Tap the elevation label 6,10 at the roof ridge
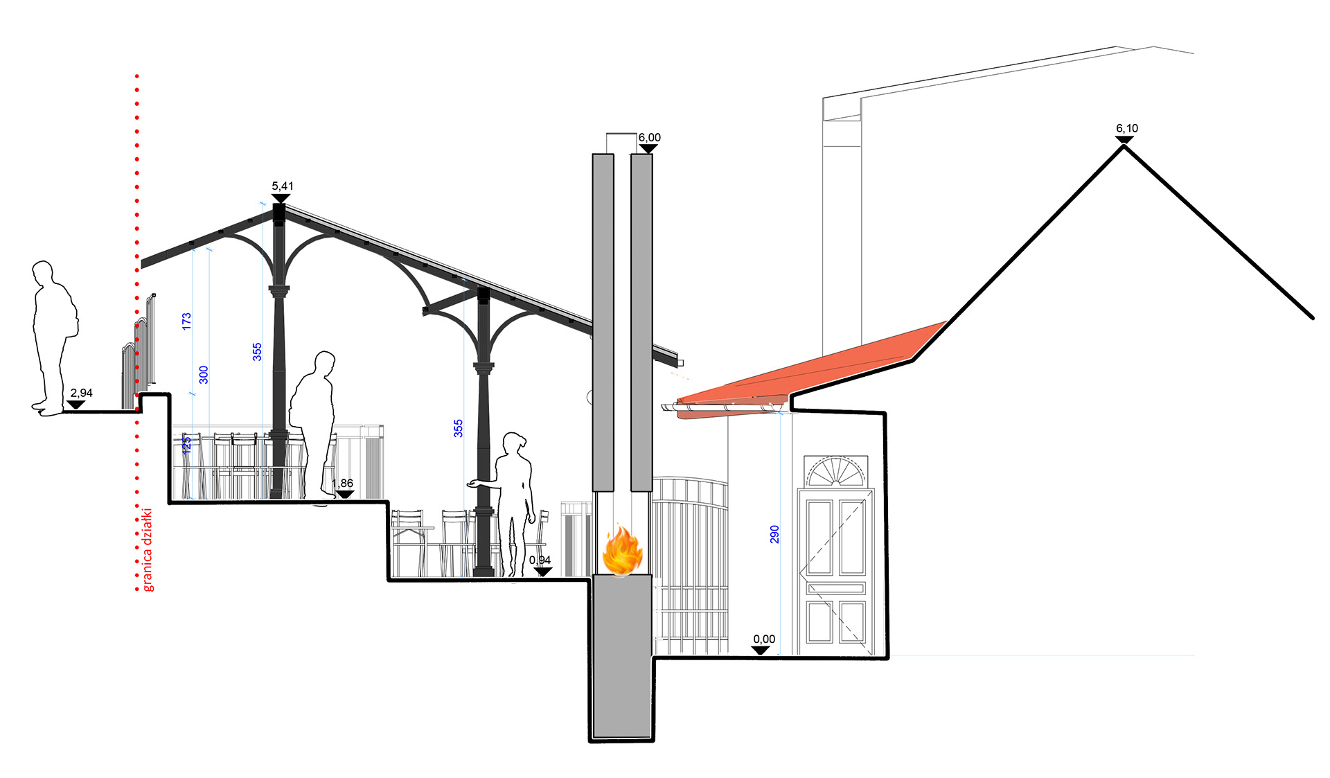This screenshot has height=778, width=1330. click(x=1127, y=129)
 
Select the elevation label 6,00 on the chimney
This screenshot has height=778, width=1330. click(x=649, y=138)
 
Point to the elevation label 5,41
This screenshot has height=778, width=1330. click(x=282, y=186)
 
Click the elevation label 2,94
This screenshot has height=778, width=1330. click(x=81, y=394)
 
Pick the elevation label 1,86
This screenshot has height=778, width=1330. click(x=342, y=484)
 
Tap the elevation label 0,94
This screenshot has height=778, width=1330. click(x=540, y=560)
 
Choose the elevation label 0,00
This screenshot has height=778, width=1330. click(x=764, y=639)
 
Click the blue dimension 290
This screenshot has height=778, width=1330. click(x=774, y=534)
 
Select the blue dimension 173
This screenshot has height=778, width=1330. click(x=186, y=321)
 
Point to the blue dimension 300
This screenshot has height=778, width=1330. click(x=204, y=375)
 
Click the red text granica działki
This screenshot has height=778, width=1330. click(x=148, y=550)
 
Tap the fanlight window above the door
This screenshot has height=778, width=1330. click(x=836, y=471)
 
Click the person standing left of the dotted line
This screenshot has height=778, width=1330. click(x=53, y=339)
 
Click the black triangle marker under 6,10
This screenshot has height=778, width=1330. click(x=1124, y=140)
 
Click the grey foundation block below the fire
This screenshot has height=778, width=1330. click(x=622, y=655)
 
